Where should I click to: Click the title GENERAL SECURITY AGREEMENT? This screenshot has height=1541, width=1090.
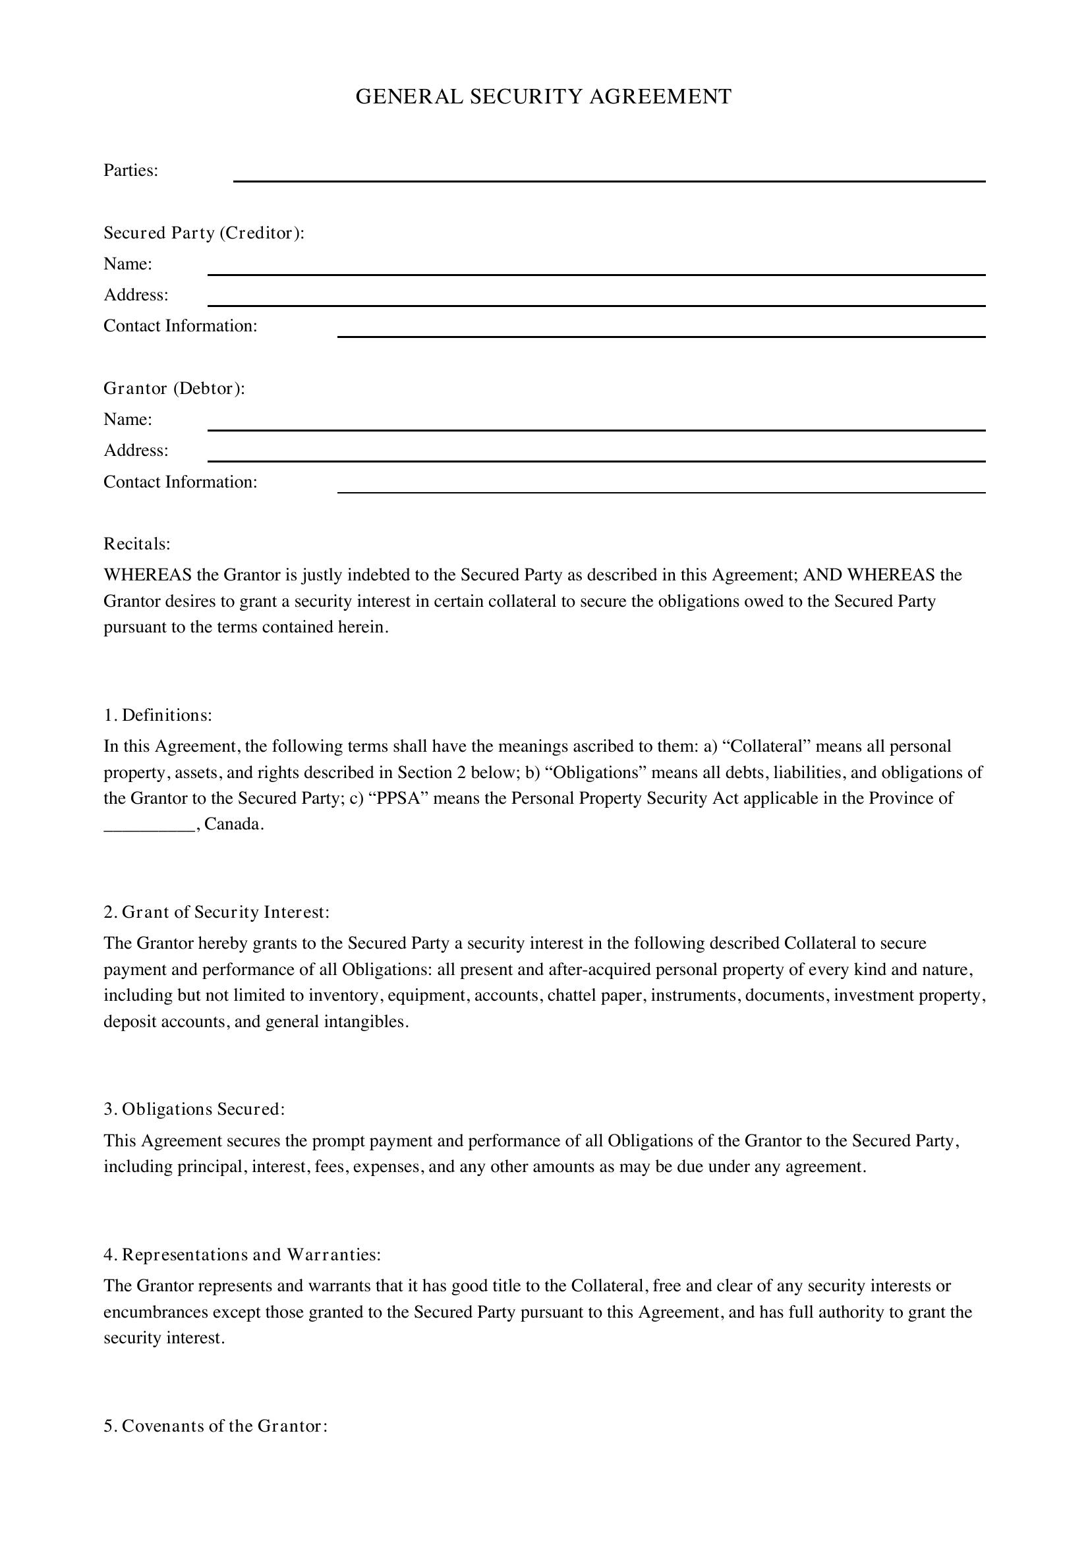coord(543,98)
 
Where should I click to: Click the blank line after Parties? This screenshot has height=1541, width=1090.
coord(609,180)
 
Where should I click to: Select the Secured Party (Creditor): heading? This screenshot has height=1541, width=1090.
coord(204,233)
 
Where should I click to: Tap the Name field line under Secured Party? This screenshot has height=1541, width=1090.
coord(596,273)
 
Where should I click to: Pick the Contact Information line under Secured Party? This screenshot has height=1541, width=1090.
coord(661,335)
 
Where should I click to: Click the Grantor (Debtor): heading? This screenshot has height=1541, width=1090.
coord(175,389)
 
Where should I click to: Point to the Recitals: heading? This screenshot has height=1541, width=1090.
coord(137,544)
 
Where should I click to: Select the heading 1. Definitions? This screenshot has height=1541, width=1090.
coord(158,715)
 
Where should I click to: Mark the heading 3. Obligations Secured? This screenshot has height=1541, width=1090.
coord(194,1109)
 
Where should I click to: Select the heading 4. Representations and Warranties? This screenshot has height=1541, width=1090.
coord(243,1254)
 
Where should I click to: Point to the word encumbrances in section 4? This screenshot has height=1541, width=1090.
coord(156,1312)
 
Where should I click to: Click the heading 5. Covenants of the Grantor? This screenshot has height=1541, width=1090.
coord(215,1426)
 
